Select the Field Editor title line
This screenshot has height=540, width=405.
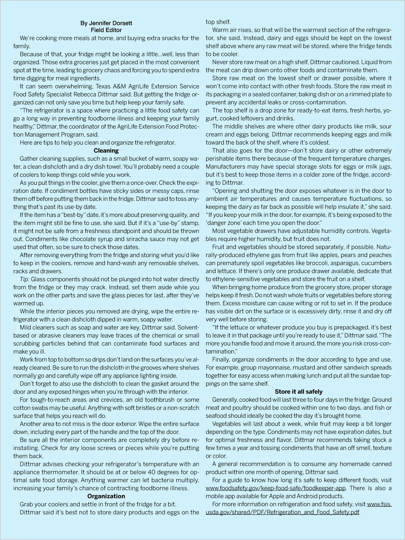pos(106,30)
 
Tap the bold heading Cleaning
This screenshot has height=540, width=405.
pos(106,151)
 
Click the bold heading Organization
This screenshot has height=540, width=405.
pos(106,496)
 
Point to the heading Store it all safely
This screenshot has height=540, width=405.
pos(299,392)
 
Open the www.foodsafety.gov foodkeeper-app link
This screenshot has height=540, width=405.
pos(276,488)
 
